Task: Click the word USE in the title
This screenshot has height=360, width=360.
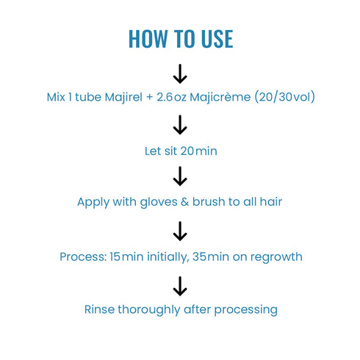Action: point(217,39)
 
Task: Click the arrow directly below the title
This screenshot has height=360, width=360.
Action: point(180,74)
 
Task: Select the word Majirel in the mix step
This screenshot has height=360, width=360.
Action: point(123,97)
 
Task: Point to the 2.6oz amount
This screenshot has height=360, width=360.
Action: point(171,97)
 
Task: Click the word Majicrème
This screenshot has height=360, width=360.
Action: point(220,97)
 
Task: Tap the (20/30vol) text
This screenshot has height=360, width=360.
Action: point(285,97)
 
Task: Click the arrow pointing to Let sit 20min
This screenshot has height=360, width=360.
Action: point(180,125)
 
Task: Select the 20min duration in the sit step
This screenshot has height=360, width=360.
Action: point(198,151)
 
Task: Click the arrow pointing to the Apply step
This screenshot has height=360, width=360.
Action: point(180,176)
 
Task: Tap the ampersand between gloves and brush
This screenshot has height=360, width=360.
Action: point(184,202)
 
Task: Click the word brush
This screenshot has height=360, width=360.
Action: point(209,202)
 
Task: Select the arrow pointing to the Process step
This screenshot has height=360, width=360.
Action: point(180,231)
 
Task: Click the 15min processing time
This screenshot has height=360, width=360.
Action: point(126,257)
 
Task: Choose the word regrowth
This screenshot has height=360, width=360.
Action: point(276,257)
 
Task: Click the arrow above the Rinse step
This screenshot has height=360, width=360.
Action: point(180,287)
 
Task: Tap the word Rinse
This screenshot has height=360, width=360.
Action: point(99,309)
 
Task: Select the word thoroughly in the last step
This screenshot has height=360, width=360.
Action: point(149,310)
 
